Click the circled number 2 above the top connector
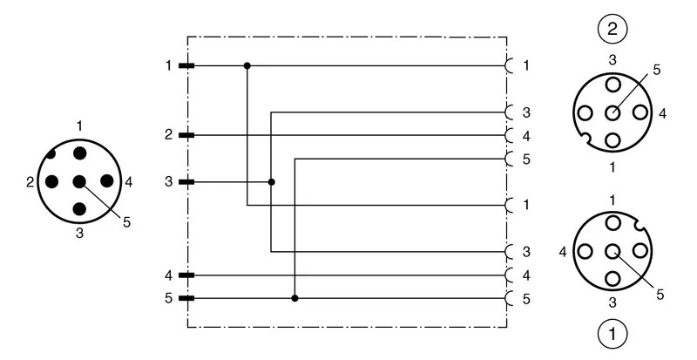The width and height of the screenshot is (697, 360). pyautogui.click(x=612, y=30)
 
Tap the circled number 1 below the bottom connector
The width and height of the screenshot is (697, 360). pyautogui.click(x=612, y=334)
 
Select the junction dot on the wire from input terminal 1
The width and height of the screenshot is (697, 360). pyautogui.click(x=247, y=66)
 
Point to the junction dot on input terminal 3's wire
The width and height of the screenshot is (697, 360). pyautogui.click(x=272, y=182)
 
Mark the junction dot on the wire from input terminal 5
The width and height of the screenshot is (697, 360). pyautogui.click(x=294, y=298)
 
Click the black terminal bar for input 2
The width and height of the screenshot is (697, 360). pyautogui.click(x=186, y=135)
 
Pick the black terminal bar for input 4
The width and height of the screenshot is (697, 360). pyautogui.click(x=186, y=275)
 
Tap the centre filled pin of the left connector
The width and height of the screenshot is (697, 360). pyautogui.click(x=79, y=181)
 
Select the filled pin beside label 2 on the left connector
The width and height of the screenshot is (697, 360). pyautogui.click(x=52, y=181)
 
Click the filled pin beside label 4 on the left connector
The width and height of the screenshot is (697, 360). pyautogui.click(x=106, y=181)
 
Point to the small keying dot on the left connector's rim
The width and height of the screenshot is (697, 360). pyautogui.click(x=51, y=154)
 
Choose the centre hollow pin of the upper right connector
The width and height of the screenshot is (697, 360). pyautogui.click(x=612, y=112)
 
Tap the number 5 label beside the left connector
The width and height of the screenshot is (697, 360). pyautogui.click(x=127, y=222)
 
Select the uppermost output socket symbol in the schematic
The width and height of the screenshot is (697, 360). pyautogui.click(x=510, y=66)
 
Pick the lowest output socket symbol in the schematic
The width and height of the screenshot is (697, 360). pyautogui.click(x=510, y=298)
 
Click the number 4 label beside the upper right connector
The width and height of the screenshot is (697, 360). pyautogui.click(x=662, y=113)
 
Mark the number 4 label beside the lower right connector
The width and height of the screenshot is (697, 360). pyautogui.click(x=563, y=252)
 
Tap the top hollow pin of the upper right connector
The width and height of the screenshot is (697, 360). pyautogui.click(x=612, y=85)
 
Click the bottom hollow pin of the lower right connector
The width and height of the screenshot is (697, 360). pyautogui.click(x=612, y=279)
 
